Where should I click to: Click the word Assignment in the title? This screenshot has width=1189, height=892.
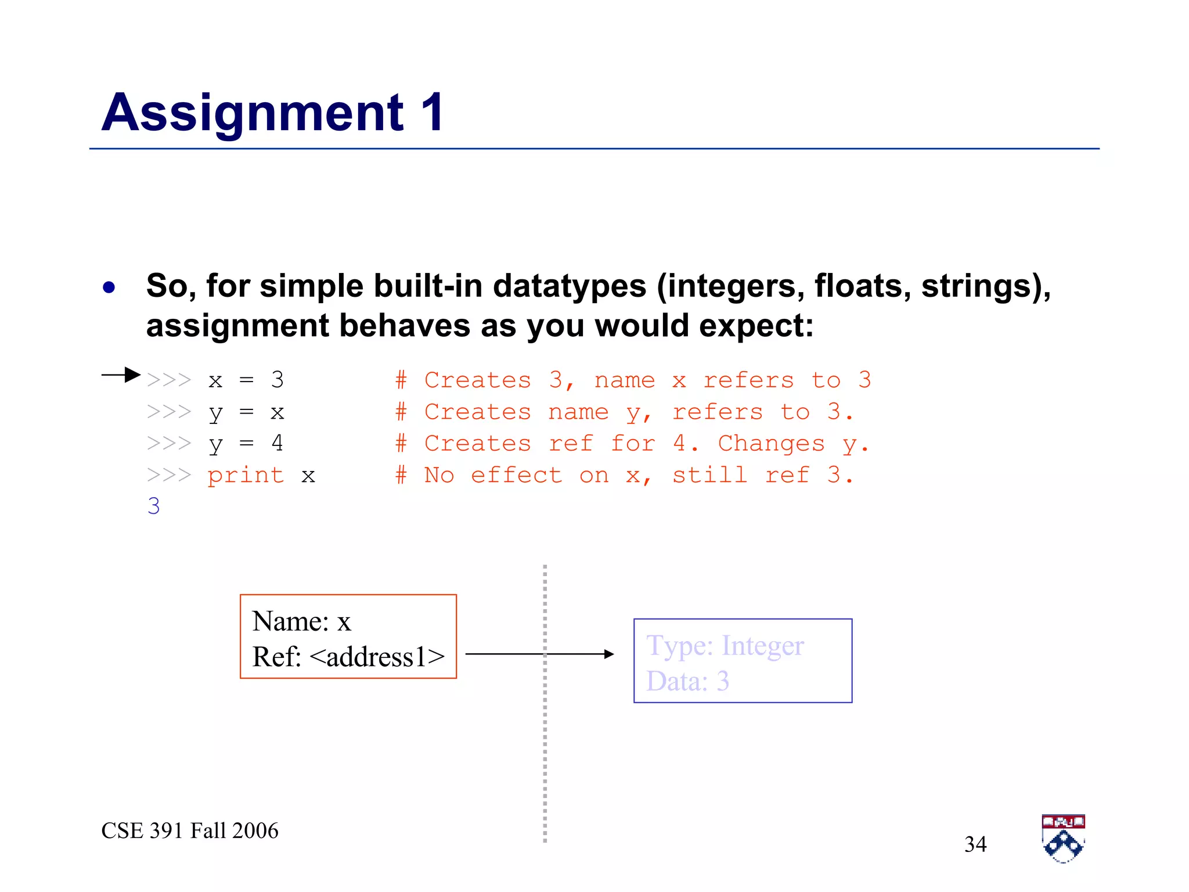click(x=253, y=113)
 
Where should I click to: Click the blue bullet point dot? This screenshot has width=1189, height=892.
click(x=109, y=287)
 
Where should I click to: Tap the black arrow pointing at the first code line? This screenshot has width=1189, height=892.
click(x=121, y=375)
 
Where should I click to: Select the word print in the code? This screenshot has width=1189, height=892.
click(x=246, y=476)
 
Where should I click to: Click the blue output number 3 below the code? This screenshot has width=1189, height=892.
click(x=153, y=506)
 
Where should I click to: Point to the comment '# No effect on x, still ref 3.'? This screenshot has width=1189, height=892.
click(x=624, y=476)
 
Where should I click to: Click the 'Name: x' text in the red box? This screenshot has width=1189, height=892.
click(x=301, y=621)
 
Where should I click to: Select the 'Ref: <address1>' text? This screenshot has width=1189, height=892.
click(x=348, y=657)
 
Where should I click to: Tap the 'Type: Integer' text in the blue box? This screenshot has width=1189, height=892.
click(x=725, y=646)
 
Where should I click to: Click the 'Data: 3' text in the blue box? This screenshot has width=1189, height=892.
click(x=687, y=681)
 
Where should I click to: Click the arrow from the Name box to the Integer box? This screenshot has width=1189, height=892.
click(x=539, y=654)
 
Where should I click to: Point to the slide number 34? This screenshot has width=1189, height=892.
click(x=975, y=844)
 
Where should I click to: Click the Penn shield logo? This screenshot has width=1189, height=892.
click(x=1064, y=839)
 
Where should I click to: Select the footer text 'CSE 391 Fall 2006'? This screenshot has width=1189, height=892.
click(x=190, y=831)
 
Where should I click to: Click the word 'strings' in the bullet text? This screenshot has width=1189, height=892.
click(x=979, y=286)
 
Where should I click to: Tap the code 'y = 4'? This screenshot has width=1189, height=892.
click(x=246, y=444)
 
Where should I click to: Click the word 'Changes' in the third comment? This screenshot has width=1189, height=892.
click(x=771, y=444)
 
